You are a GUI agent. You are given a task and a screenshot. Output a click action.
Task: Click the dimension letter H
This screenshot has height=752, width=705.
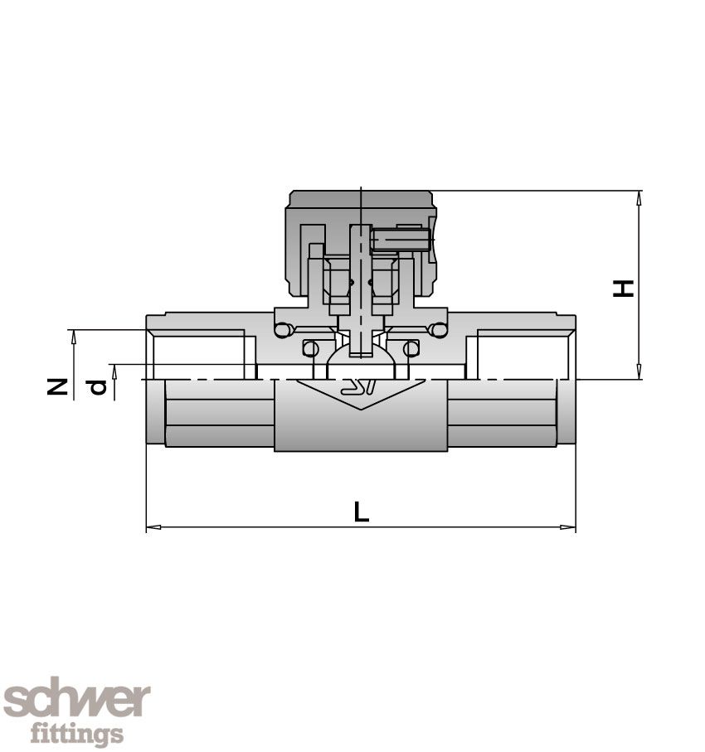(624, 287)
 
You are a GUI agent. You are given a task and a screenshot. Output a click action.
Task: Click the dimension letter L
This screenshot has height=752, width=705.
(361, 512)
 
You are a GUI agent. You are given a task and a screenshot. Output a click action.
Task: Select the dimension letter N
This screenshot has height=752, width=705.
(56, 386)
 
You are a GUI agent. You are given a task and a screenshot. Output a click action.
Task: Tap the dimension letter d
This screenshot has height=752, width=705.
(98, 386)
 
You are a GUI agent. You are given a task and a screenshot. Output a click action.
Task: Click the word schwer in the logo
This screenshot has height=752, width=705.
(76, 701)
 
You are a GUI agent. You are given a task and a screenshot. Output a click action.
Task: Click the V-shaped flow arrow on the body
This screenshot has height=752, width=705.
(359, 393)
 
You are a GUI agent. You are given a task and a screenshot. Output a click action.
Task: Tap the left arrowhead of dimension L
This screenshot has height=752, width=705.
(152, 526)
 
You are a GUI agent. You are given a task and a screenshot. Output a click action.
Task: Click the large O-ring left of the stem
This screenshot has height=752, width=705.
(284, 330)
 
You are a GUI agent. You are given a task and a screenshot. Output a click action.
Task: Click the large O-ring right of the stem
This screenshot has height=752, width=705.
(439, 330)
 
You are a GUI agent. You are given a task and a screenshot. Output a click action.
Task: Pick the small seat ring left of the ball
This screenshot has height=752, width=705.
(310, 348)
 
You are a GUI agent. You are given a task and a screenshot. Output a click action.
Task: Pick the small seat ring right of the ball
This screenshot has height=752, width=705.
(411, 348)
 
